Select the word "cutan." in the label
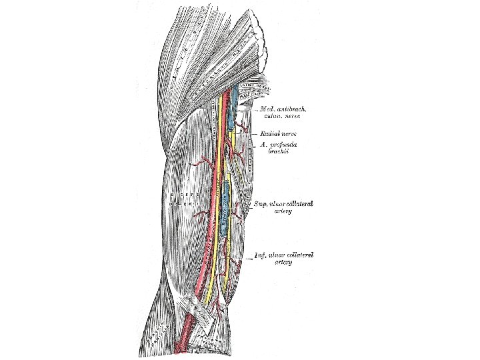pyautogui.click(x=267, y=115)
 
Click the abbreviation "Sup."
pyautogui.click(x=261, y=203)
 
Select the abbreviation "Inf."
pyautogui.click(x=261, y=255)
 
